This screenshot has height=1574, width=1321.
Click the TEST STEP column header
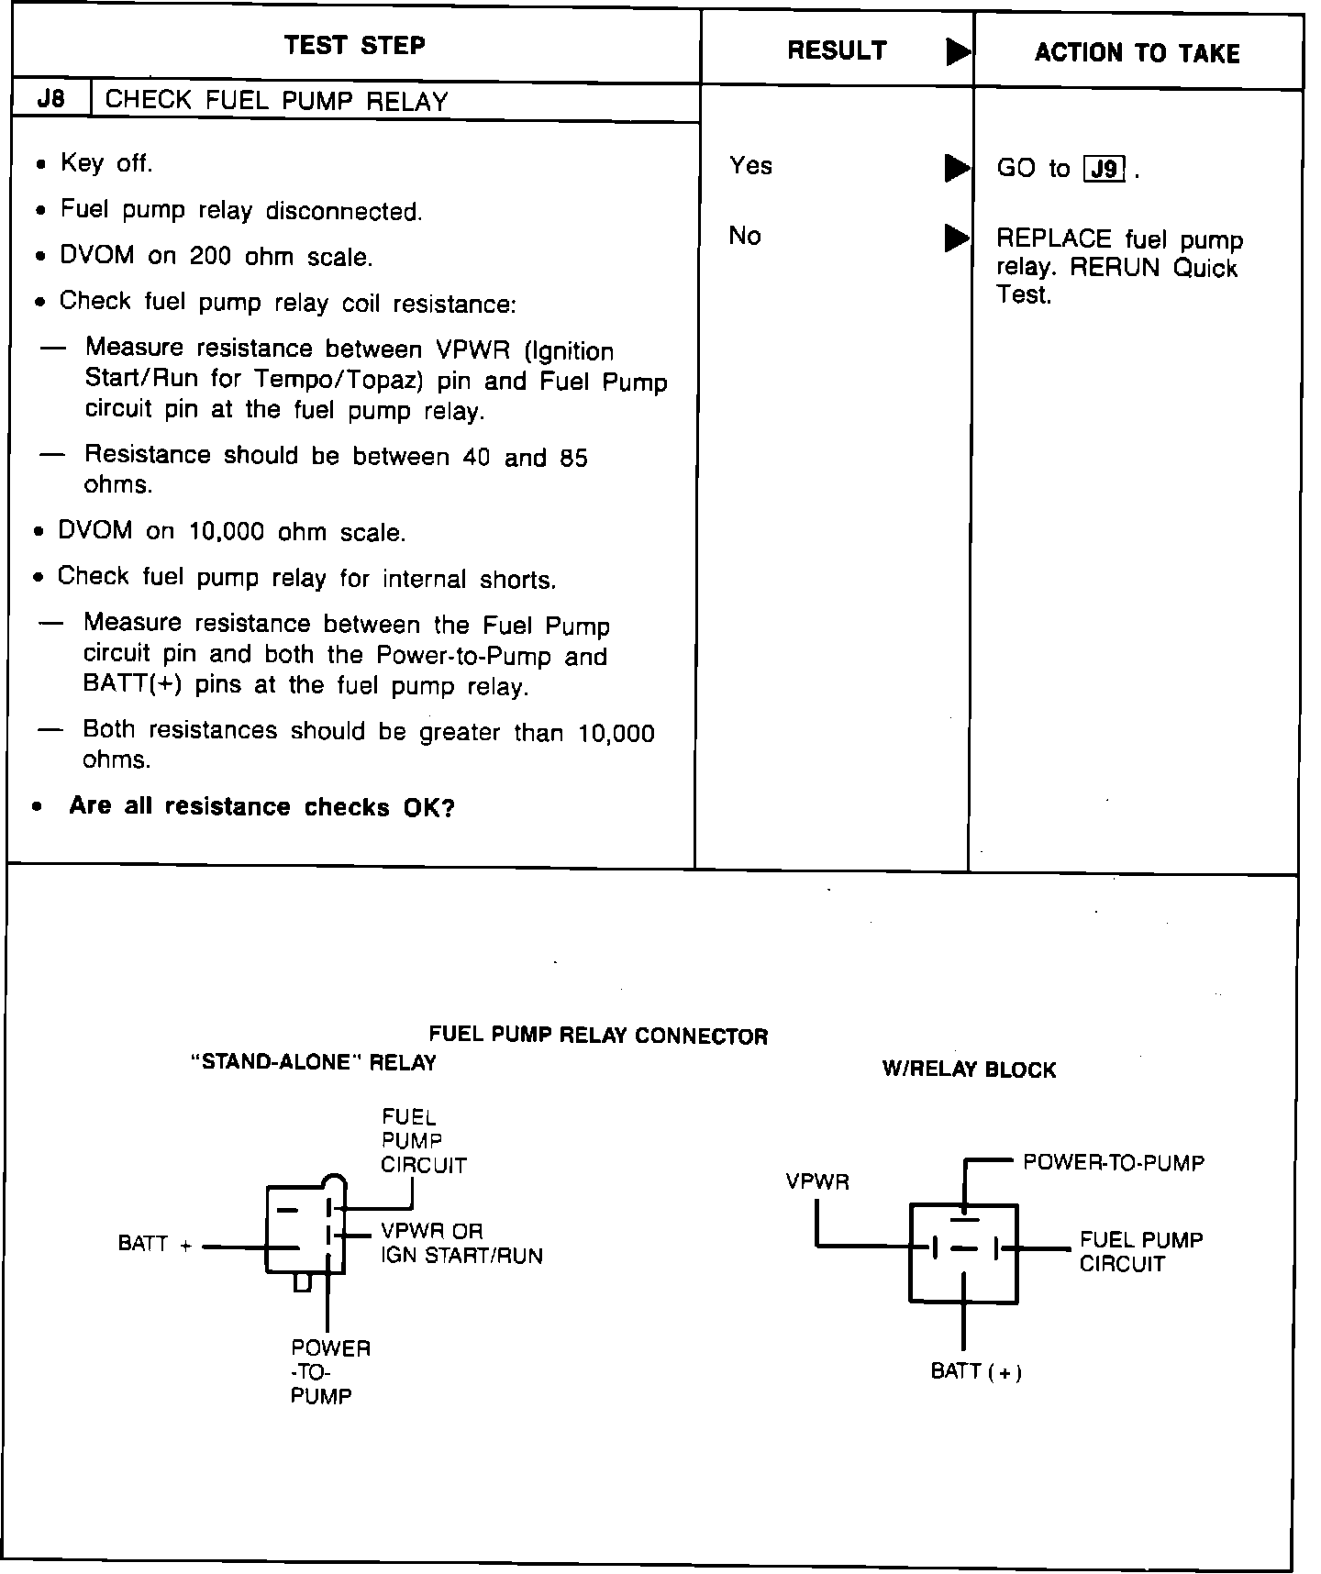[x=354, y=46]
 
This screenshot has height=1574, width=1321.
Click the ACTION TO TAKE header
[x=1137, y=53]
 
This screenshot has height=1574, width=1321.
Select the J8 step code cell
[x=51, y=99]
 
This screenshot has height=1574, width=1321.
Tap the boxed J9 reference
[x=1105, y=170]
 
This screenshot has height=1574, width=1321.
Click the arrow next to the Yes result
[x=957, y=168]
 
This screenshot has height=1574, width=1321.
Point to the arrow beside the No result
[x=957, y=238]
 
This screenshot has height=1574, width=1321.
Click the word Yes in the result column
[x=750, y=166]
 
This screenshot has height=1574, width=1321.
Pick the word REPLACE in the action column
[x=1054, y=240]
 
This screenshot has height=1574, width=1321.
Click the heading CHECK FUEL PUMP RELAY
[x=276, y=101]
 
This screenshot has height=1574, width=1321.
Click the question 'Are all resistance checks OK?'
[x=261, y=807]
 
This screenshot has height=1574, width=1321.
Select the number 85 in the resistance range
[x=573, y=457]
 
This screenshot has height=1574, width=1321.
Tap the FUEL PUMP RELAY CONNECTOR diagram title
[x=598, y=1036]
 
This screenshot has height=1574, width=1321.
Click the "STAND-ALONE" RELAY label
[x=313, y=1062]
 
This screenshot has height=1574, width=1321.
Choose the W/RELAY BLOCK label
[x=969, y=1070]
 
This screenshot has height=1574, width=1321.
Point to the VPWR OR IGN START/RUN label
[x=461, y=1243]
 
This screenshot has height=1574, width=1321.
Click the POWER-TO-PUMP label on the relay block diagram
[x=1114, y=1162]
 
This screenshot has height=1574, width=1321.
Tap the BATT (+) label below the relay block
[x=976, y=1371]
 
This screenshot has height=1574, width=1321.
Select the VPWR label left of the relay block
[x=817, y=1181]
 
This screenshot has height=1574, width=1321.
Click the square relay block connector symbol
[x=963, y=1252]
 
